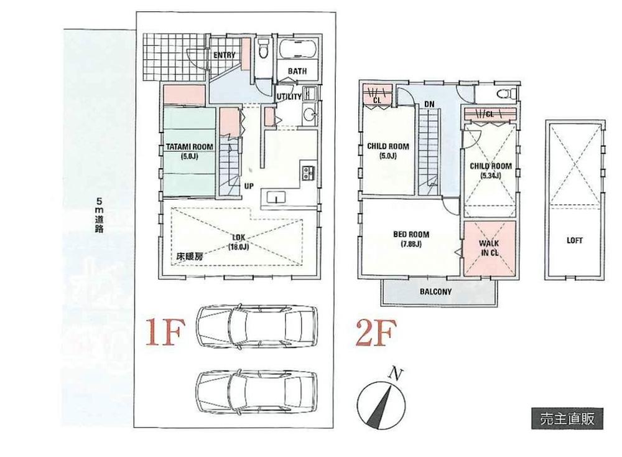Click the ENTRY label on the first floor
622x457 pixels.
pyautogui.click(x=225, y=55)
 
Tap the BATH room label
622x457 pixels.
pyautogui.click(x=297, y=71)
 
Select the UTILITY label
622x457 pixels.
pyautogui.click(x=289, y=97)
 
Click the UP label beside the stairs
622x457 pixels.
pyautogui.click(x=248, y=186)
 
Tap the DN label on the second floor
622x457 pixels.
pyautogui.click(x=429, y=103)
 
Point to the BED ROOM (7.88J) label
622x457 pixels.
pyautogui.click(x=411, y=239)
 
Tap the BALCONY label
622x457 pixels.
pyautogui.click(x=435, y=291)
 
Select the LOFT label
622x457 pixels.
pyautogui.click(x=575, y=240)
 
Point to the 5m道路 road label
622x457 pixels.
pyautogui.click(x=100, y=215)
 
